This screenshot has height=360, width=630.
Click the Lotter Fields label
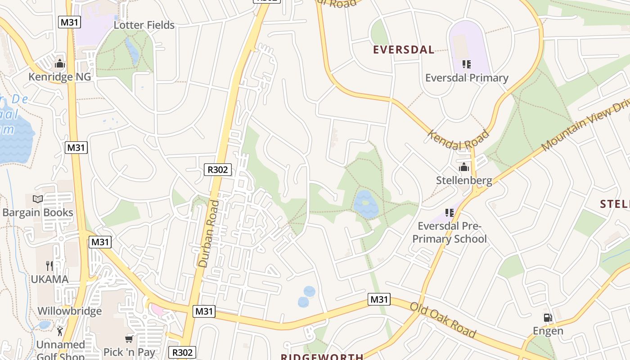click(144, 25)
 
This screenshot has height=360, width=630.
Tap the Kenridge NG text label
click(59, 77)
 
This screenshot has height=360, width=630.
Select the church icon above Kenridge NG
click(59, 64)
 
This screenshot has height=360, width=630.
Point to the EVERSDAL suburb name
click(404, 49)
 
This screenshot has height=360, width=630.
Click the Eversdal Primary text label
click(467, 78)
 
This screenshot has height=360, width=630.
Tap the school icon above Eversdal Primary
click(467, 64)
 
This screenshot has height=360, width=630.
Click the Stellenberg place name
click(464, 180)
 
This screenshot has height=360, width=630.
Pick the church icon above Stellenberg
click(464, 168)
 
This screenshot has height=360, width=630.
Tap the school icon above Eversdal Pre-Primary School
click(449, 212)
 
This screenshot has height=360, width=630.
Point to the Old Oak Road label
click(443, 320)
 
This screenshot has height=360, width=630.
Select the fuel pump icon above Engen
click(548, 318)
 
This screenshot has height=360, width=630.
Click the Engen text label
click(548, 331)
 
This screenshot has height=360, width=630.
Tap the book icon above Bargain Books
click(38, 199)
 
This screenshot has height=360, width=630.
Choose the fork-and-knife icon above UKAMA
click(49, 266)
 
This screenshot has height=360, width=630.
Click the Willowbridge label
click(69, 311)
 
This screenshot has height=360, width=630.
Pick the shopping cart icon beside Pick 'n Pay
click(129, 338)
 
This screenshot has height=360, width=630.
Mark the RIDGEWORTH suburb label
click(322, 357)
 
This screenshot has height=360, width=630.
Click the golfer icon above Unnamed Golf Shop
click(60, 332)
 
